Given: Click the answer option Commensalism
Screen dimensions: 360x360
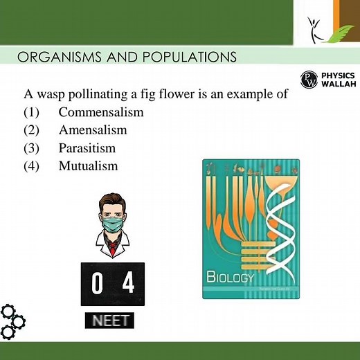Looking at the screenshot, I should (x=101, y=112).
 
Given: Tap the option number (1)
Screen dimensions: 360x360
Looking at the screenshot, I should (x=33, y=112).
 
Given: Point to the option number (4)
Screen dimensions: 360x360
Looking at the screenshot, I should (x=33, y=166).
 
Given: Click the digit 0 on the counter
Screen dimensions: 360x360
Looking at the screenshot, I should (x=98, y=284).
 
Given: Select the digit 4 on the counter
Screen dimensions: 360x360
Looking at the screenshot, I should (x=128, y=284).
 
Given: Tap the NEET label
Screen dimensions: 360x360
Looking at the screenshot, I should (x=110, y=321).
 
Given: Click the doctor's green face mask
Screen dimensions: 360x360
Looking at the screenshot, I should (x=111, y=224).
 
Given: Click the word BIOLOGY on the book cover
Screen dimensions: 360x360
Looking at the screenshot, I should (x=231, y=278).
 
